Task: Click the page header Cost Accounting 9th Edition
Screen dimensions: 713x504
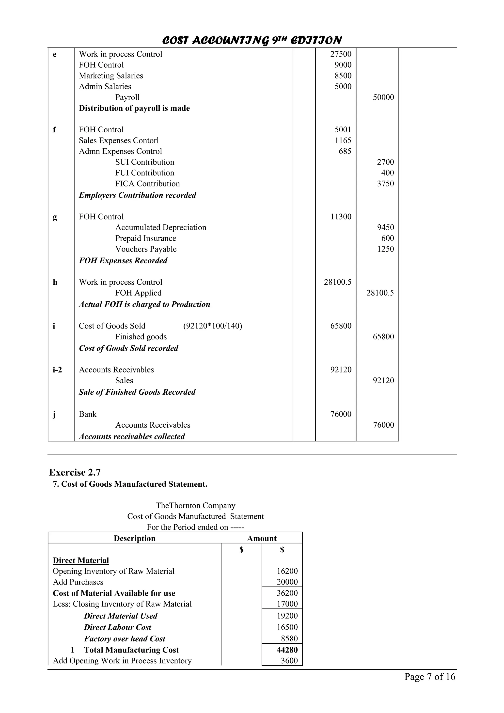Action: tap(252, 40)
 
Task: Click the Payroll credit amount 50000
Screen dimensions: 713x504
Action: tap(383, 97)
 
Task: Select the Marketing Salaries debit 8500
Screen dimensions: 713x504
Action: tap(343, 76)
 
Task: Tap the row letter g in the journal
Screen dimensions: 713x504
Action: tap(55, 217)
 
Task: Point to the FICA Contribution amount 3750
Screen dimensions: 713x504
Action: tap(385, 184)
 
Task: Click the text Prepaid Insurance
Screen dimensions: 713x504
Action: tap(145, 238)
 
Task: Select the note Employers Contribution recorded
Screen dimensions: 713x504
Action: tap(137, 195)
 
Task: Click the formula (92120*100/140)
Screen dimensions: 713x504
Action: tap(212, 326)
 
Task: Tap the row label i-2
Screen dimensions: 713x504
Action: tap(57, 370)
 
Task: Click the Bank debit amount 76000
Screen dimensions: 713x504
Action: tap(341, 414)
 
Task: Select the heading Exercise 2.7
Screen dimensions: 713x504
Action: tap(75, 472)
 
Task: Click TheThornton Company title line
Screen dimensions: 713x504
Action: tap(195, 506)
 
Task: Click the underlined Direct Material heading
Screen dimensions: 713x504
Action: tap(81, 560)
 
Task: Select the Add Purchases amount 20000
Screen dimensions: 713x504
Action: tap(287, 582)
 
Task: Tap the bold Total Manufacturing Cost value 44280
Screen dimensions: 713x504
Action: tap(287, 650)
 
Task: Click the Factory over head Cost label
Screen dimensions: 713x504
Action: tap(125, 638)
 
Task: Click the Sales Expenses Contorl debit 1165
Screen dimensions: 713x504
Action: tap(343, 140)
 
